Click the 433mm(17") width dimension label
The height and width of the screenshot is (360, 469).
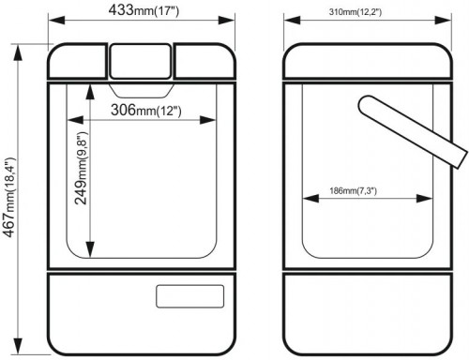pyautogui.click(x=144, y=9)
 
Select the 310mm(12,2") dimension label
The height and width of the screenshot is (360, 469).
pyautogui.click(x=356, y=12)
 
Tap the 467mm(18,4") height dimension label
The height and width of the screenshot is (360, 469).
pyautogui.click(x=9, y=198)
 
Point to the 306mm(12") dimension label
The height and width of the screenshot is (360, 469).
pyautogui.click(x=146, y=110)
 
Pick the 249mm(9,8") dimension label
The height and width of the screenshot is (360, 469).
pyautogui.click(x=82, y=168)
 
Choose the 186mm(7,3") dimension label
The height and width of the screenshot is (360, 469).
pyautogui.click(x=353, y=190)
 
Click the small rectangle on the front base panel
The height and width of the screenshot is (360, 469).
pyautogui.click(x=190, y=296)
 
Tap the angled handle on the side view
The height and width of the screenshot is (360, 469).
pyautogui.click(x=413, y=131)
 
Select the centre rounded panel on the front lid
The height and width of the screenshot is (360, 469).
pyautogui.click(x=141, y=61)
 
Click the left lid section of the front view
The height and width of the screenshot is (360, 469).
pyautogui.click(x=78, y=61)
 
